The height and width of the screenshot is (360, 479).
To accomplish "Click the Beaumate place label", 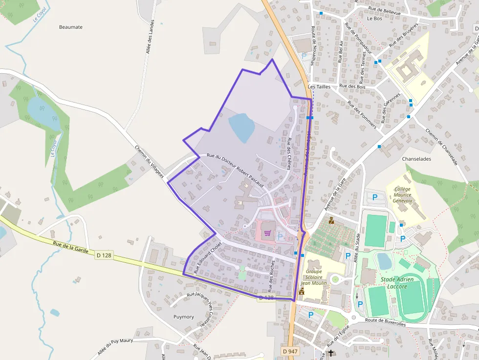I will click(x=71, y=27).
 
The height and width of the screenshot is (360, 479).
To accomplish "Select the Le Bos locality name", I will click(x=374, y=18).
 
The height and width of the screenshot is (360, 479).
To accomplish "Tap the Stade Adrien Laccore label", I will click(x=397, y=283).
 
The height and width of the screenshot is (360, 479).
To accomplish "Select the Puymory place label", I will click(x=184, y=317).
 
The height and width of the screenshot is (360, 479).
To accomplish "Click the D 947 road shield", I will click(x=290, y=351).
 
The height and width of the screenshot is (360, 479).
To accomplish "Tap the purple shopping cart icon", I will click(x=267, y=233).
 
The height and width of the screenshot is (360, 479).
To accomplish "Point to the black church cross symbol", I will click(x=331, y=353).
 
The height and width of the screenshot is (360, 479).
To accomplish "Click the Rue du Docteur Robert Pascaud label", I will click(x=236, y=170).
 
